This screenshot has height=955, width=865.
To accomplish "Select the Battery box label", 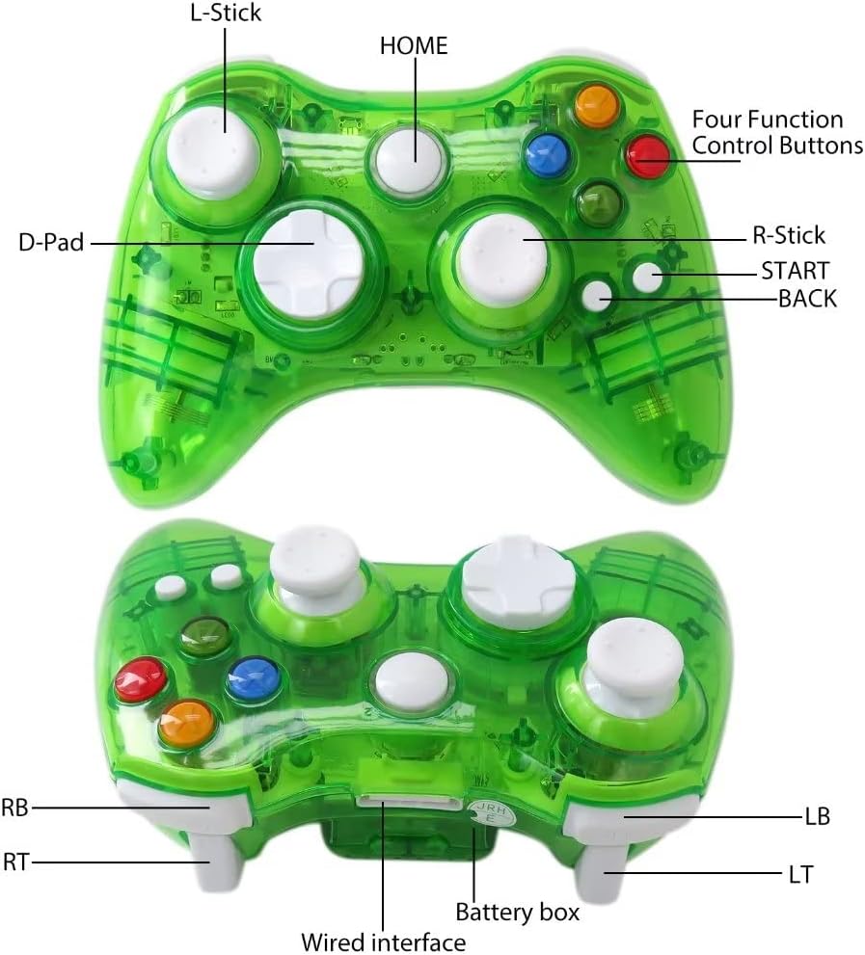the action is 518,911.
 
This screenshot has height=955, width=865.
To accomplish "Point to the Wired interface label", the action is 384,942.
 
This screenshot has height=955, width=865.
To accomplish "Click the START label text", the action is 795,269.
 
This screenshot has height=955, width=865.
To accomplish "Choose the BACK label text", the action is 807,299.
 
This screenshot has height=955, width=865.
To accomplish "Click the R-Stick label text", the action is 788,235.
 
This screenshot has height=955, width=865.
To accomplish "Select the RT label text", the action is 14,862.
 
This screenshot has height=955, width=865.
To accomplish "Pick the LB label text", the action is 816,816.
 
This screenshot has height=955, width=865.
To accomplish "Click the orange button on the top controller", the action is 596,104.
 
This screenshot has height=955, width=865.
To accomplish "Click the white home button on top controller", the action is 412,160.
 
